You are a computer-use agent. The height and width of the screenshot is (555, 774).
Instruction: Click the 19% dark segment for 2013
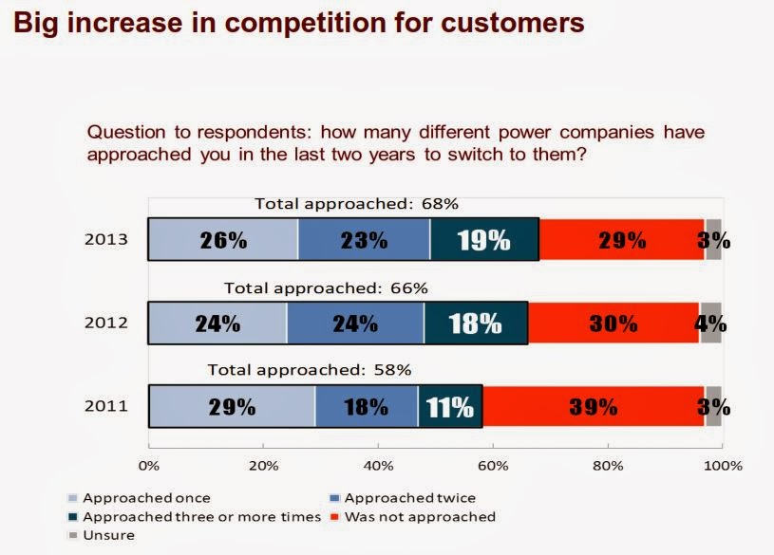point(484,240)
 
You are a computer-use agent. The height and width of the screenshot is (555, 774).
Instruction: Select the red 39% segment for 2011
point(595,407)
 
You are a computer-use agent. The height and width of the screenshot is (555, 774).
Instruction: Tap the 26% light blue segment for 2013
point(223,240)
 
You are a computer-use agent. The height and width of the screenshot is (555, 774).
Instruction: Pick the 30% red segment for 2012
point(613,324)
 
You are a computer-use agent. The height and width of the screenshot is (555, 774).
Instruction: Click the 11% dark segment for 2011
point(450,407)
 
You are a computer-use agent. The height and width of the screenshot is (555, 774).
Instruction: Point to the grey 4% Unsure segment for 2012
point(710,324)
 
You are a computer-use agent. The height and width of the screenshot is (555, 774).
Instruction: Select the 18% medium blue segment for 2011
point(366,407)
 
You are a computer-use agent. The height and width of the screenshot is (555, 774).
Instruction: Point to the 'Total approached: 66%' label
point(326,287)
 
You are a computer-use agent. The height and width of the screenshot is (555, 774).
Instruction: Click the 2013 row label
point(106,240)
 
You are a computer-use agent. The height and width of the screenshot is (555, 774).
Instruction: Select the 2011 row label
point(106,408)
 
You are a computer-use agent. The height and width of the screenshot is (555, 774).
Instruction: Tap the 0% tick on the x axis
point(149,466)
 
